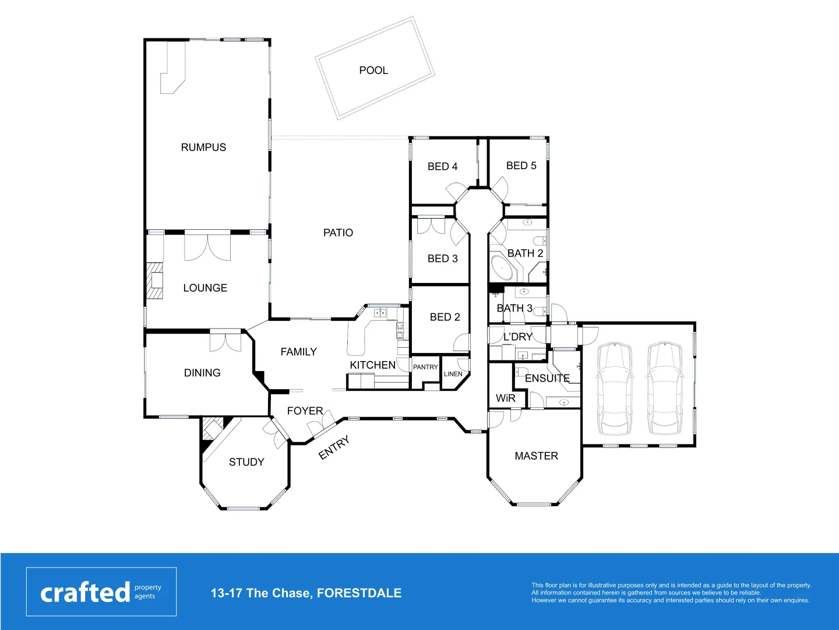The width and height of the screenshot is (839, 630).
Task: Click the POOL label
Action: (373, 71)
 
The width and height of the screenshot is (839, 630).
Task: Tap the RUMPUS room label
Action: (203, 148)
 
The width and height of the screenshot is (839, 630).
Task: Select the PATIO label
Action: (338, 233)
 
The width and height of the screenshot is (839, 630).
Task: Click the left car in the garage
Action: (615, 387)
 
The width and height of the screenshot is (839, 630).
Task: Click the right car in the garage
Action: (665, 387)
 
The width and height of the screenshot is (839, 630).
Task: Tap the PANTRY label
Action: (425, 367)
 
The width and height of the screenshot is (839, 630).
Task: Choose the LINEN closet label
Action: (453, 374)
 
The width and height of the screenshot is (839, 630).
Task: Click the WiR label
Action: (505, 398)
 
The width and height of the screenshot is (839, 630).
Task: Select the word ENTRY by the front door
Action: (334, 447)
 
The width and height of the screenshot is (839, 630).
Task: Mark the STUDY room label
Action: (246, 462)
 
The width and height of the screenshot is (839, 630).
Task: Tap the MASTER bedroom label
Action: (536, 456)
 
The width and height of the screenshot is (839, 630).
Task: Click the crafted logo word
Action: (85, 593)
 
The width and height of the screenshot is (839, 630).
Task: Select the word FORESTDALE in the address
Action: (359, 593)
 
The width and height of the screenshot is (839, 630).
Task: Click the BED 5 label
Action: (521, 166)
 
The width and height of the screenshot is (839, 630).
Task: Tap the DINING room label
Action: (202, 373)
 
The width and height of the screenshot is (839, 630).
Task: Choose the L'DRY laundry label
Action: (517, 337)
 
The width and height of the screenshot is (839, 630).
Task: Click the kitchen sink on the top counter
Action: (380, 313)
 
